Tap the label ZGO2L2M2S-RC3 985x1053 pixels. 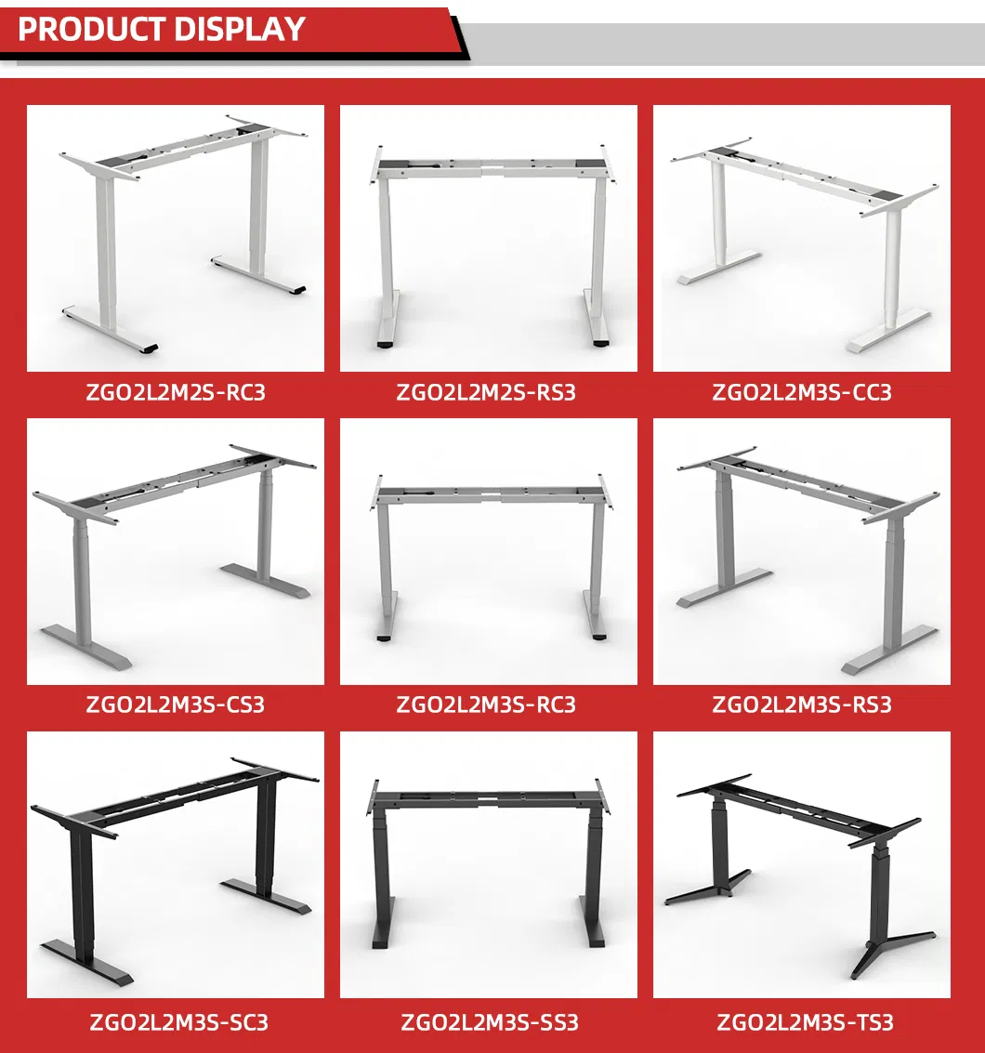(x=176, y=392)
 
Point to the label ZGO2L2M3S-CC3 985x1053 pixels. (x=802, y=392)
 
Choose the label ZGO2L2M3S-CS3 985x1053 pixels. (x=176, y=704)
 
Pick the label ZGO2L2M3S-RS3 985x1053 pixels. (x=802, y=704)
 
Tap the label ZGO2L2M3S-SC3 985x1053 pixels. (x=176, y=1022)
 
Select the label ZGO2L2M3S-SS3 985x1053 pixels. (x=489, y=1022)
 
